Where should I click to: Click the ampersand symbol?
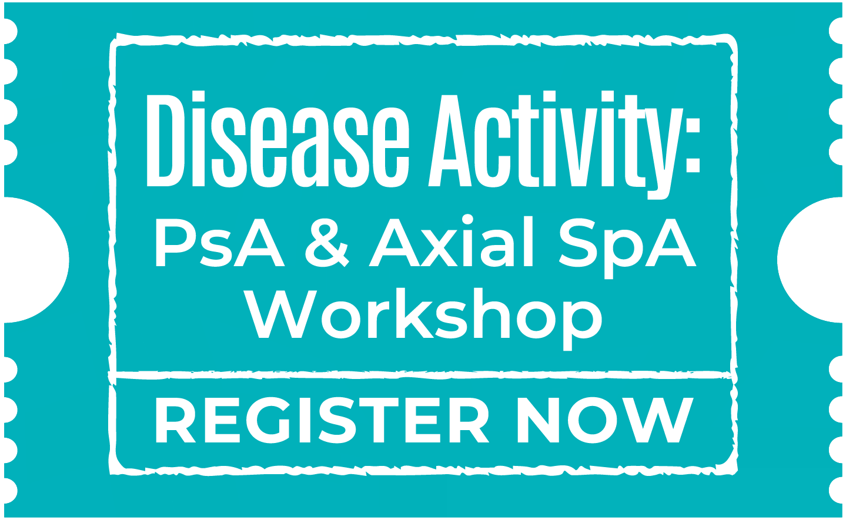[327, 243]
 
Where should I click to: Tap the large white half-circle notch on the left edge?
[36, 260]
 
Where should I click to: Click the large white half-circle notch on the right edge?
[810, 260]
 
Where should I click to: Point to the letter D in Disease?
[165, 140]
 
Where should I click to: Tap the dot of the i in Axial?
[467, 220]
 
